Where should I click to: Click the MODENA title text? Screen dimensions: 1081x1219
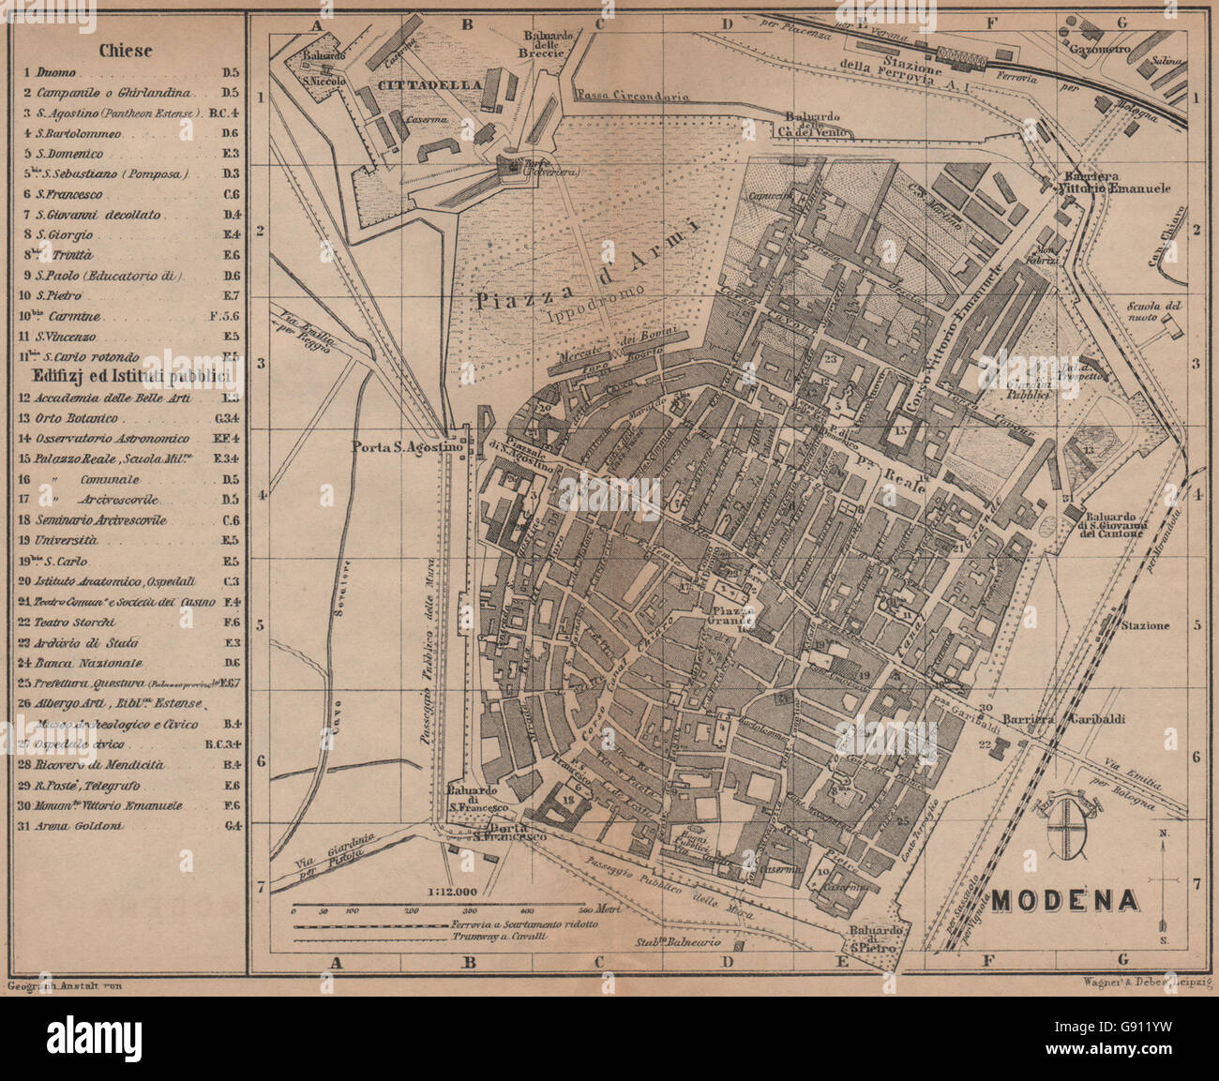[1066, 900]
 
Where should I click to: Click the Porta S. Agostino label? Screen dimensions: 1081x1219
[408, 446]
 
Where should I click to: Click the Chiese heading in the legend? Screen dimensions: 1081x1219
[128, 51]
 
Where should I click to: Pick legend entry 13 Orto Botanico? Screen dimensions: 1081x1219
[84, 418]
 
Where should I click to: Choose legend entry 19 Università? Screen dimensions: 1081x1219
[66, 540]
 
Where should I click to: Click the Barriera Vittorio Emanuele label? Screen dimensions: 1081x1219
[1116, 182]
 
